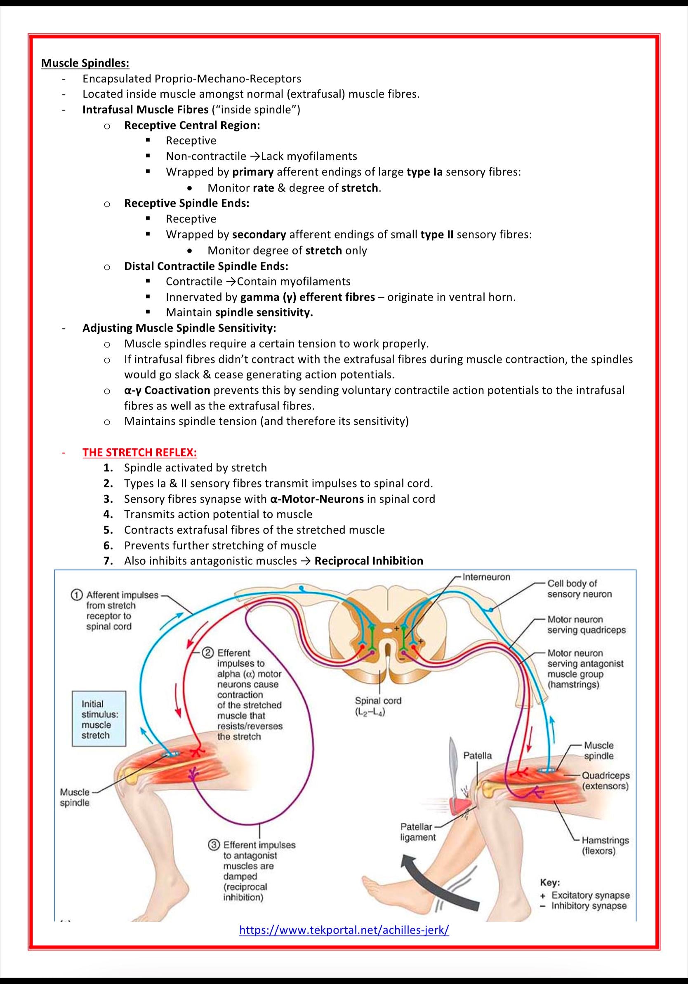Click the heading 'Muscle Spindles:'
[85, 63]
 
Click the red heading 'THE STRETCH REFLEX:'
[139, 452]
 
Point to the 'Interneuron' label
[486, 577]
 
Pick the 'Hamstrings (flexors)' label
[605, 845]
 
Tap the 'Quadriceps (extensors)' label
[605, 781]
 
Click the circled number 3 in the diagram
[213, 845]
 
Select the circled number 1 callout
[76, 595]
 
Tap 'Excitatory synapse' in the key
[590, 895]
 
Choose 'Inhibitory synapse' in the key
[589, 906]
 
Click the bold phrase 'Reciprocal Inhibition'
[368, 560]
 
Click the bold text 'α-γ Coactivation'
[167, 390]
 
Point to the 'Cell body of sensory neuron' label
[579, 588]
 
